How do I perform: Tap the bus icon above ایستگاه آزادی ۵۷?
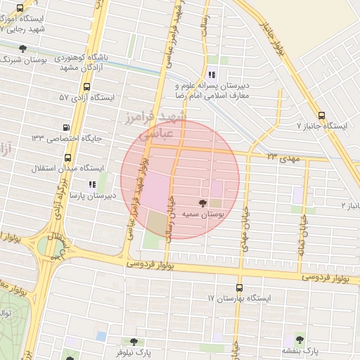[x=86, y=87]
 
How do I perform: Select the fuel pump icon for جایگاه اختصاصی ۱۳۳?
[x=66, y=128]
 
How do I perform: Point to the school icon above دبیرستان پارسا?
[x=92, y=184]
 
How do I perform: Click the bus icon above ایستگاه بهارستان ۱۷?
[x=239, y=288]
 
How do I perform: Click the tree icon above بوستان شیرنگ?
[x=23, y=49]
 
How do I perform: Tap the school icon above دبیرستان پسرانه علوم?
[x=212, y=75]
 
